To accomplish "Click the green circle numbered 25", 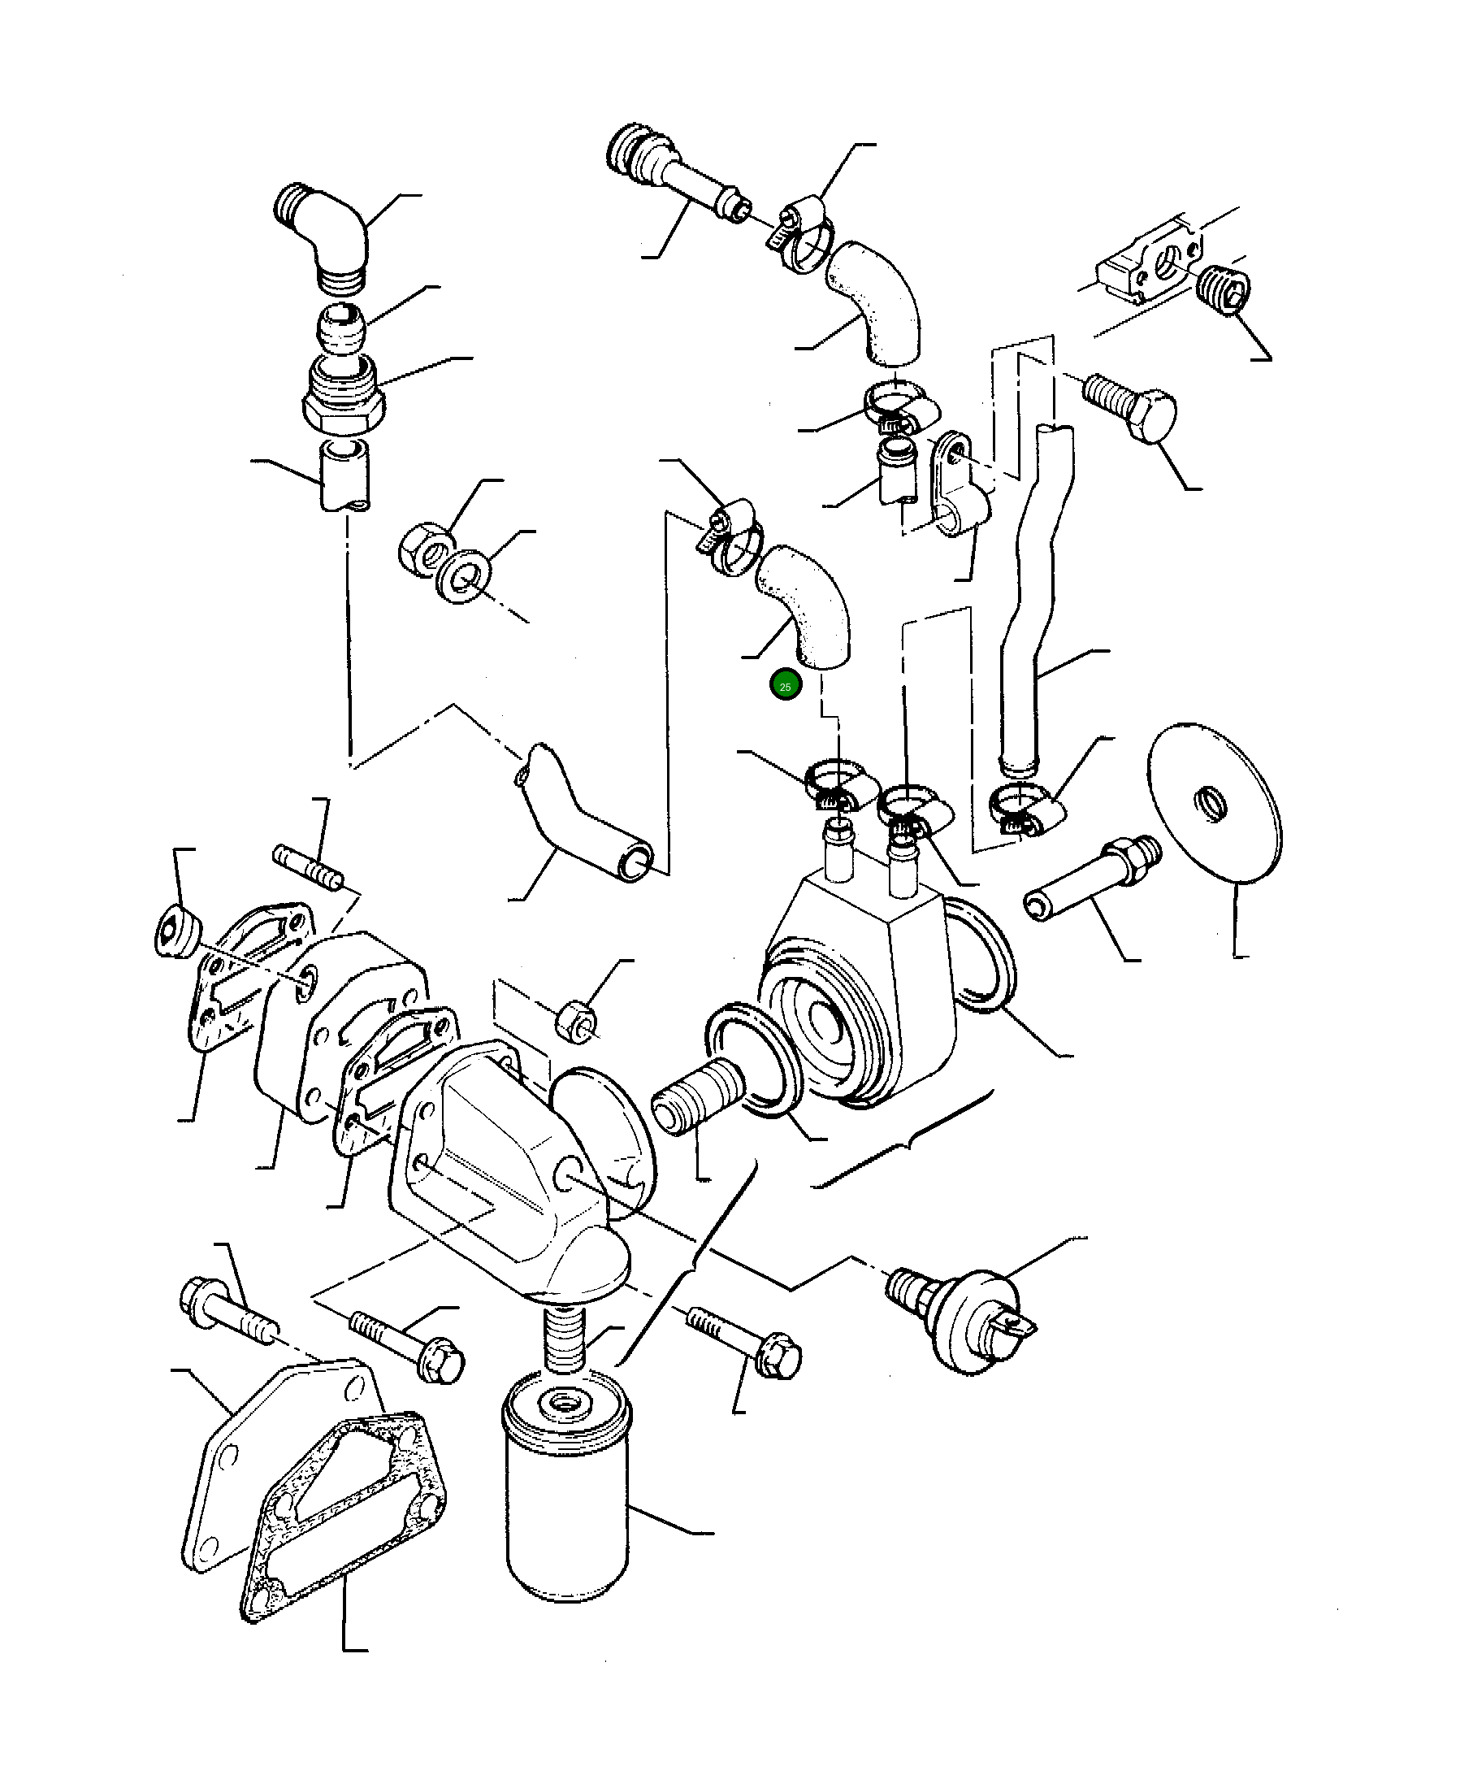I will pos(785,686).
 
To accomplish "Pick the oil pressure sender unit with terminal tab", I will pos(967,1312).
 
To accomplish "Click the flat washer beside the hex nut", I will pos(460,576).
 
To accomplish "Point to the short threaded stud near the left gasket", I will pos(308,867).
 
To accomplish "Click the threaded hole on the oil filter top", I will pos(561,1401).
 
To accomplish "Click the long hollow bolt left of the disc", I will pos(1093,878).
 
